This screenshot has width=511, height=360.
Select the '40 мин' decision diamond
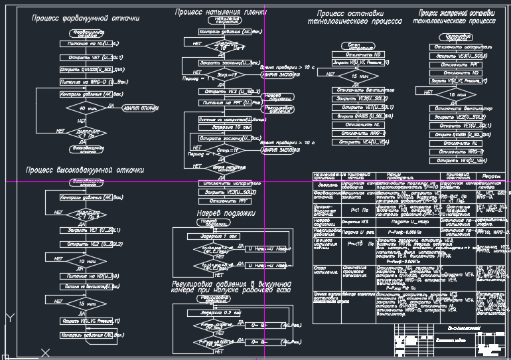tap(82, 108)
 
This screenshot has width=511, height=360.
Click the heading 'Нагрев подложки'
tap(226, 214)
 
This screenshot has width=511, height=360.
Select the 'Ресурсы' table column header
tap(492, 176)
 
